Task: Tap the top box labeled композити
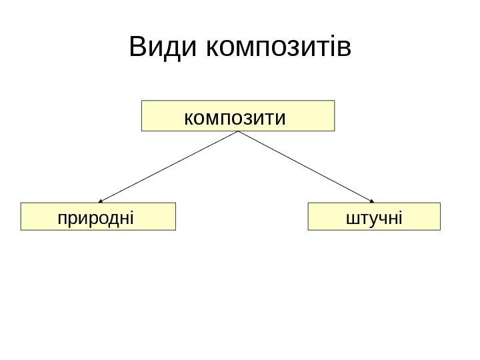point(237,116)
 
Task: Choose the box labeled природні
point(98,217)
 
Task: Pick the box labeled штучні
point(374,217)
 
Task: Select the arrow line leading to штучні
point(305,166)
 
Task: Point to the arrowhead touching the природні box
point(101,200)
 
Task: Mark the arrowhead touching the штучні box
point(372,200)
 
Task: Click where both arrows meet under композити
point(237,131)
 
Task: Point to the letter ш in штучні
point(351,218)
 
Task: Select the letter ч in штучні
point(380,218)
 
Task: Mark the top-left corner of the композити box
point(142,101)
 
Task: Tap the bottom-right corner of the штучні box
point(441,229)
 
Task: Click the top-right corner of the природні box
point(175,203)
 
